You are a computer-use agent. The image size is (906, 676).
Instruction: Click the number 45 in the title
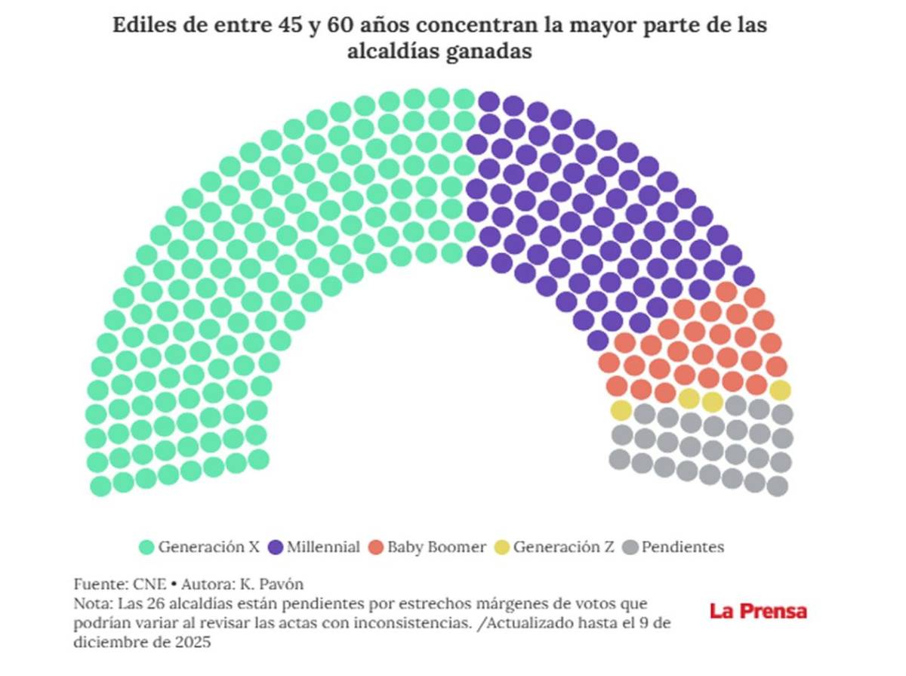[x=282, y=25]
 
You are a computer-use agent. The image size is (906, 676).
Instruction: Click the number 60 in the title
[x=340, y=25]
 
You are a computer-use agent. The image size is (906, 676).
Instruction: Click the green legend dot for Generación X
[x=147, y=548]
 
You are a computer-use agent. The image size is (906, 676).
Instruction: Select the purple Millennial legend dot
[x=276, y=548]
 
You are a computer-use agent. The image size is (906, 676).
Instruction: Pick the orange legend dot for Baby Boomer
[x=376, y=548]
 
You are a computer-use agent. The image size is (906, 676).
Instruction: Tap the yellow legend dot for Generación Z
[x=502, y=548]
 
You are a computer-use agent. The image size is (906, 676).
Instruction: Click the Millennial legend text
[x=323, y=548]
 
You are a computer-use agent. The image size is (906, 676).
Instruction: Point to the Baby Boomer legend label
[x=436, y=548]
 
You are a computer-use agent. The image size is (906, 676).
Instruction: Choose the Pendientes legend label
[x=683, y=548]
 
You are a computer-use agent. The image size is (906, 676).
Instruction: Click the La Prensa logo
[x=758, y=611]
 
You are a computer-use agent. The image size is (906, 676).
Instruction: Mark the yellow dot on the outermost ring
[x=781, y=390]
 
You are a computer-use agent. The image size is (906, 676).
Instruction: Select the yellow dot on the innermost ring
[x=621, y=410]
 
